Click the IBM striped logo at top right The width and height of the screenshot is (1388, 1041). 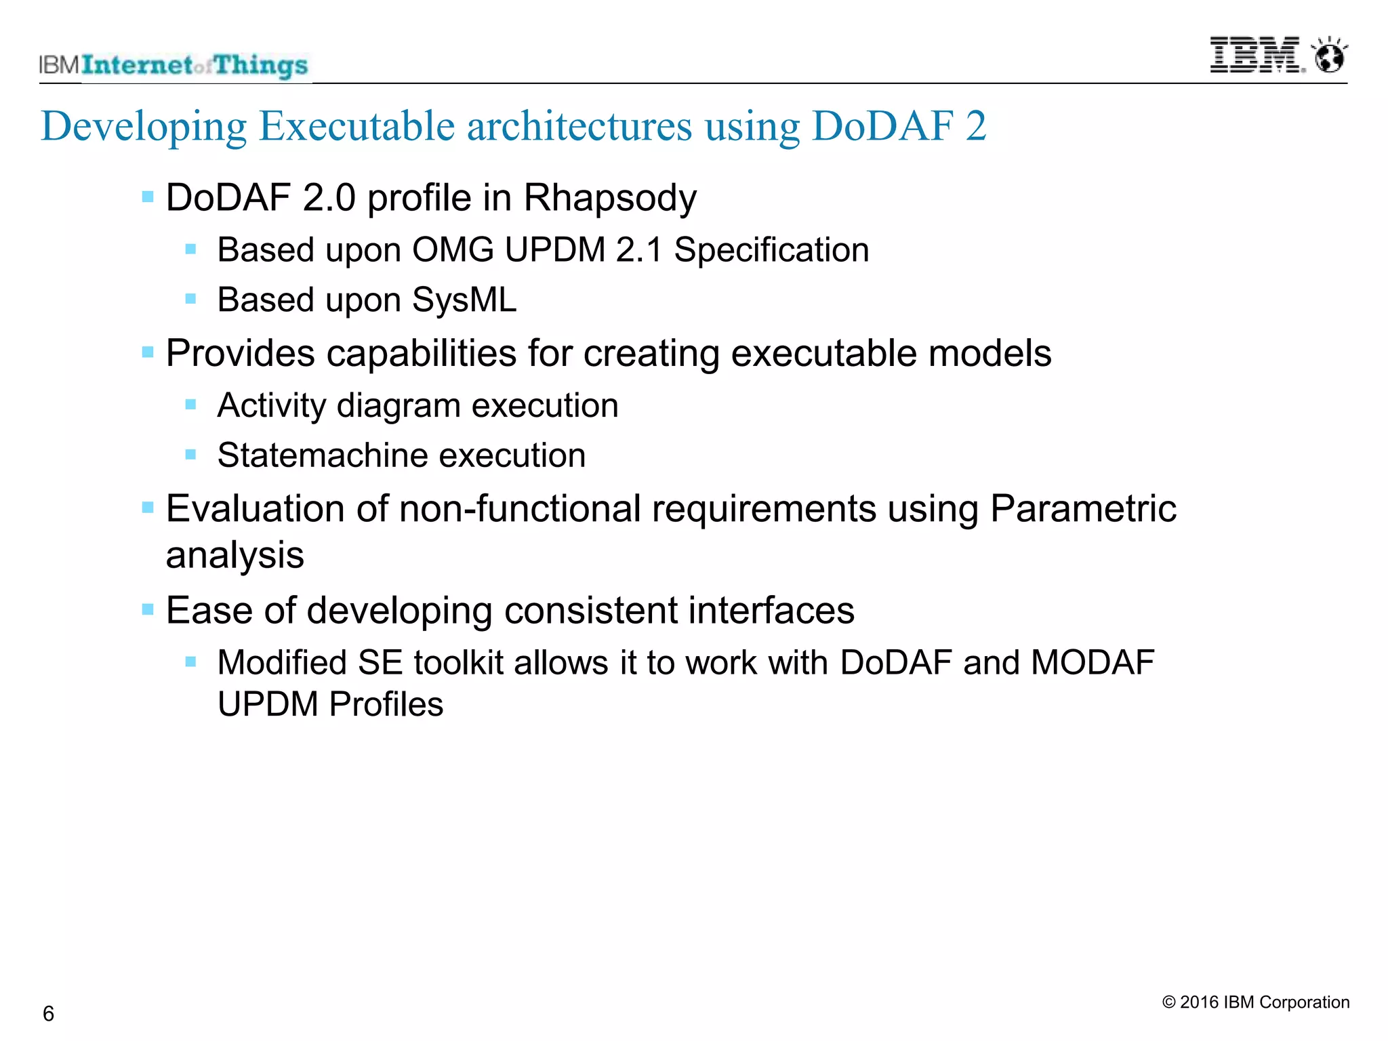[x=1254, y=56]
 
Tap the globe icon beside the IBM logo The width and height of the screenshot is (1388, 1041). [x=1330, y=56]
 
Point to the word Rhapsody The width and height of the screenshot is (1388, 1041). [x=610, y=199]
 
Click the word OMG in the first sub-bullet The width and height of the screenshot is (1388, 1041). [x=453, y=250]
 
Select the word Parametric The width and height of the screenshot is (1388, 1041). [x=1082, y=509]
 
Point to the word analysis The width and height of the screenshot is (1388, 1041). [x=234, y=556]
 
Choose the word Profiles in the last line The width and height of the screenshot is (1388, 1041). [x=386, y=704]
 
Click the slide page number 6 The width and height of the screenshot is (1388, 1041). [x=48, y=1014]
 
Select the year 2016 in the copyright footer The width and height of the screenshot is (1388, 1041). [x=1200, y=1002]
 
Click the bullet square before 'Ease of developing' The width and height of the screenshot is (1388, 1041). [x=148, y=610]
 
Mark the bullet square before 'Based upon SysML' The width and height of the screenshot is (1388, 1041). [x=190, y=299]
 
